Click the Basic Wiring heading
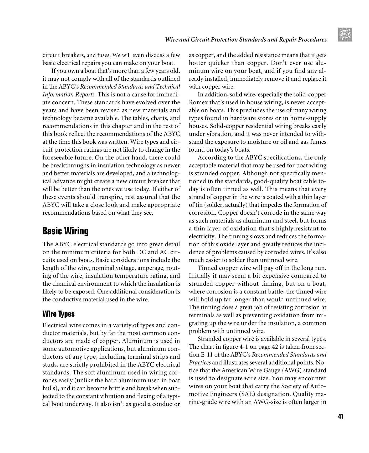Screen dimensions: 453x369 (x=65, y=231)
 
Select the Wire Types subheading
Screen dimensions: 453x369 (x=58, y=314)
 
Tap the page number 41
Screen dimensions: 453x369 (x=341, y=416)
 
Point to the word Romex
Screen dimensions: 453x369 (x=197, y=102)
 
